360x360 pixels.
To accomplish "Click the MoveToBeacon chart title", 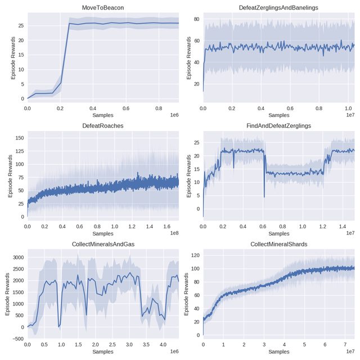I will point(102,7).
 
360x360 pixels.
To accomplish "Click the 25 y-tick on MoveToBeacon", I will point(20,26).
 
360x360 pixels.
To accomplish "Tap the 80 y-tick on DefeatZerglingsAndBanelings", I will point(196,19).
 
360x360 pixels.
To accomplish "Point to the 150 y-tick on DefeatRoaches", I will point(19,137).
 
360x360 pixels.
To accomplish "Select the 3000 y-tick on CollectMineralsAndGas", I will point(17,257).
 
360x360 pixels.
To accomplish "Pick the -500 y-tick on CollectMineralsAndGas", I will point(17,339).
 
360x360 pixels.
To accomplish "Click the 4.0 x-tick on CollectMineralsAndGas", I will point(163,344).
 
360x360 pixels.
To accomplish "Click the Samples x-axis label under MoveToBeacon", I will point(102,114).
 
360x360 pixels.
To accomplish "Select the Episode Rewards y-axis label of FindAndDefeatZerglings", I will point(188,174).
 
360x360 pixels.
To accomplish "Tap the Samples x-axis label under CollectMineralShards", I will point(278,351).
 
